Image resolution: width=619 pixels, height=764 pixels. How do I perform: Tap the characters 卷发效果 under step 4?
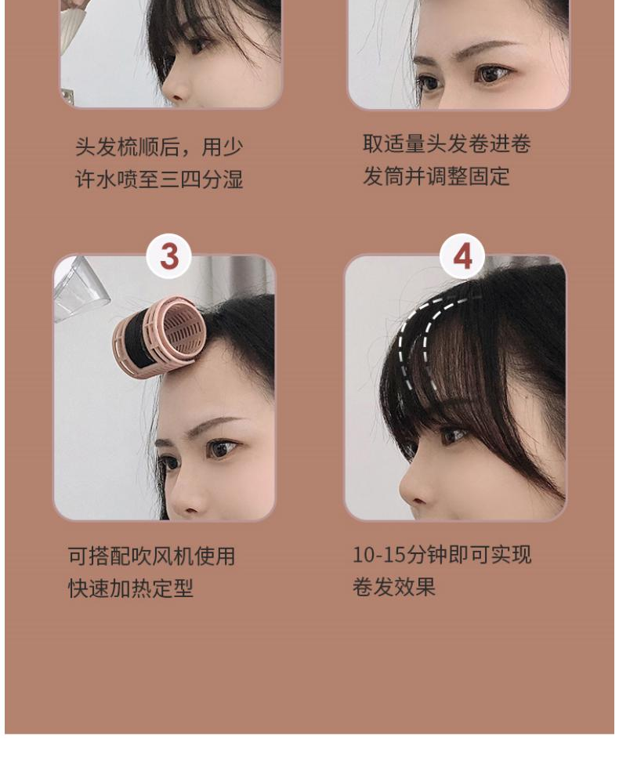click(394, 587)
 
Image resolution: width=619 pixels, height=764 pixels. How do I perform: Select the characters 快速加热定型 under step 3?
click(131, 588)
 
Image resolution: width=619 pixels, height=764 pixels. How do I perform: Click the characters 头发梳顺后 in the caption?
click(128, 147)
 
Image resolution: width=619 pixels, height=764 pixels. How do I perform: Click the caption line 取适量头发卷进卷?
click(447, 143)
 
